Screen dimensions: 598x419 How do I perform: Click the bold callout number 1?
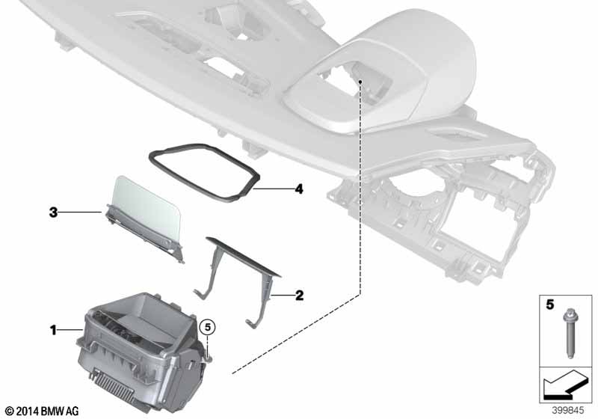(x=54, y=330)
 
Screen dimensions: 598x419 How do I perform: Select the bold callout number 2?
(x=300, y=295)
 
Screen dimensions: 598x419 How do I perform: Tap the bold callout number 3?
(x=53, y=212)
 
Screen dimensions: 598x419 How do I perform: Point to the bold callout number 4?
(x=300, y=189)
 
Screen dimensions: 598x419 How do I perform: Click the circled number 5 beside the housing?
(x=208, y=328)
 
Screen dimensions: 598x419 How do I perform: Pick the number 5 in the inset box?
(x=549, y=305)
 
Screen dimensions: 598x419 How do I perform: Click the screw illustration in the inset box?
(x=568, y=334)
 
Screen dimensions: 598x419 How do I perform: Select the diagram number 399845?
(x=568, y=410)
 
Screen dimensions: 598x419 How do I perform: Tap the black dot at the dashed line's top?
(x=360, y=82)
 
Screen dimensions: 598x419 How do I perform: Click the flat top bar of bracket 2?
(x=244, y=257)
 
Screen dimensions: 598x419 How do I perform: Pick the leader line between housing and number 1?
(x=70, y=330)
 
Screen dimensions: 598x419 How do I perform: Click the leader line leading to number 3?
(x=81, y=212)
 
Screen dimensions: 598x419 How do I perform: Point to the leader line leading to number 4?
(x=273, y=189)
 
